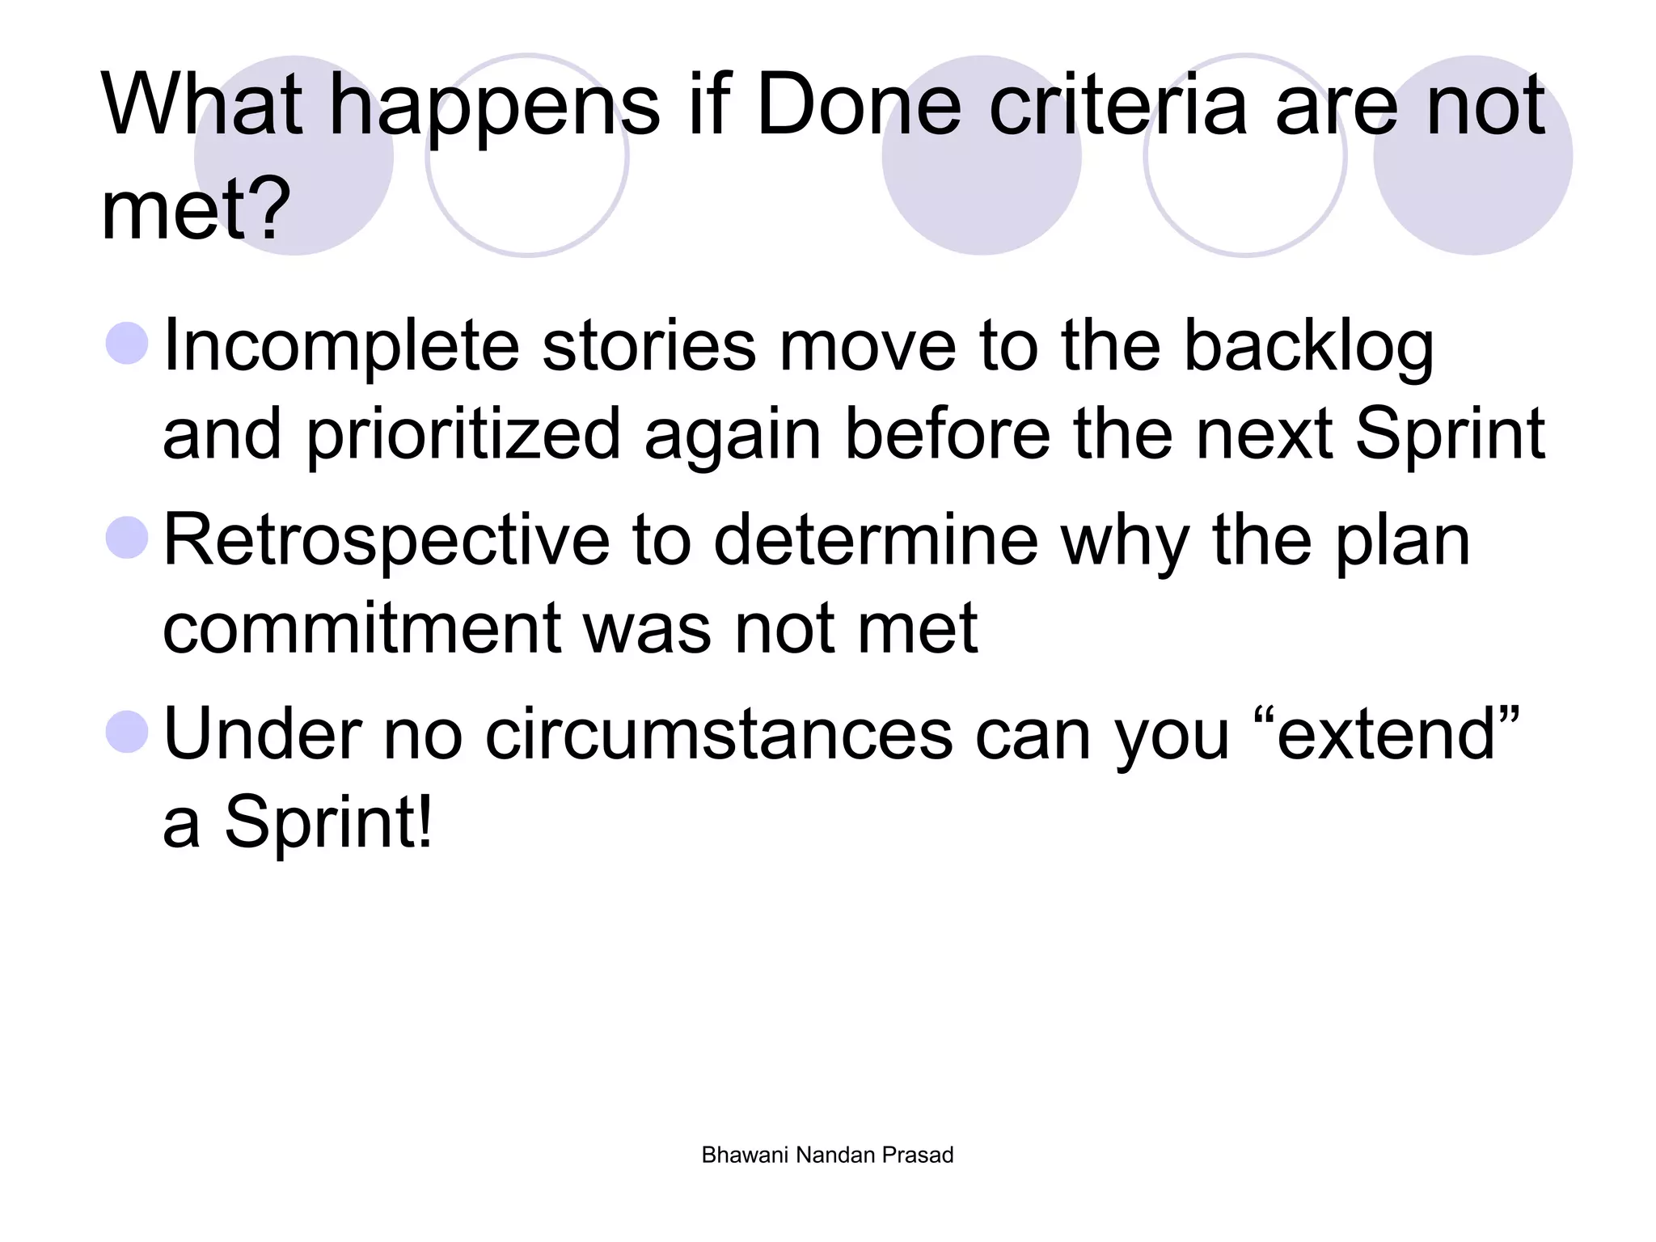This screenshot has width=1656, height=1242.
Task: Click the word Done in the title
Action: [x=858, y=106]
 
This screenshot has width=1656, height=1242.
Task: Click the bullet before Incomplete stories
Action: [x=127, y=344]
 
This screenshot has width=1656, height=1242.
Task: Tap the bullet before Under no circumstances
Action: [x=127, y=732]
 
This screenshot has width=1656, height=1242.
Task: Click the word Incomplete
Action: [x=340, y=346]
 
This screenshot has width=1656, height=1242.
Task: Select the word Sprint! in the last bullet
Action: [x=328, y=822]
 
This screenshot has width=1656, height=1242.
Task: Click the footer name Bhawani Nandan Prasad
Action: [x=827, y=1155]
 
